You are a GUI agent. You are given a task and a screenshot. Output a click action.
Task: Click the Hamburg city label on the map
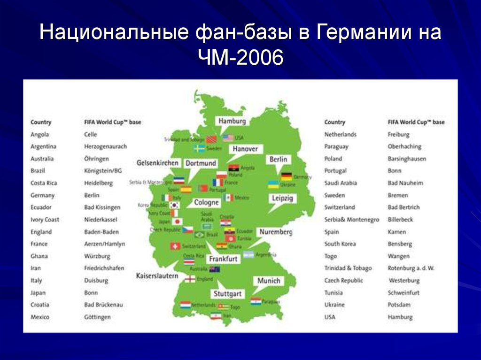coord(232,121)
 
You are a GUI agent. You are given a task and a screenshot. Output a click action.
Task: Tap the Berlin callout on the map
coord(278,160)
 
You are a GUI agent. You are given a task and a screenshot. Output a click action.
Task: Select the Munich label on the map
coord(269,281)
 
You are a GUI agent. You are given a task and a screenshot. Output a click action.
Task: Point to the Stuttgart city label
coord(227,294)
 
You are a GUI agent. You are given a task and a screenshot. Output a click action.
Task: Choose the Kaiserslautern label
coord(157,276)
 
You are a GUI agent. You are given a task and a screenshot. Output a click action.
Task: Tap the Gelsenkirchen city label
coord(157,163)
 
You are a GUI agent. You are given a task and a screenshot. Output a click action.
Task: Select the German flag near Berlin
coord(287,176)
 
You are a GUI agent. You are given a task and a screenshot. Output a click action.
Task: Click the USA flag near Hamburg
coord(228,138)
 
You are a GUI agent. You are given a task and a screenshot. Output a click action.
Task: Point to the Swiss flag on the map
coord(175,246)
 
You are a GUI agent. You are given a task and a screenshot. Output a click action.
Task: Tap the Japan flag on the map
coord(177,222)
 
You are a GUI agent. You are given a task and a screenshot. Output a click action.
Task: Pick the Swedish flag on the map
coord(199,148)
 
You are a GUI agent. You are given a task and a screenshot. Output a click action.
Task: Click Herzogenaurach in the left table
coord(105,146)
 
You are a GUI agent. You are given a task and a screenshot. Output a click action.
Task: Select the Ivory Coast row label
coord(45,220)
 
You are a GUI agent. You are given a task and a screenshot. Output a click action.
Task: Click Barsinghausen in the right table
coord(407,159)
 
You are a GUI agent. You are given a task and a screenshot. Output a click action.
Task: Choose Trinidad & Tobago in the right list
coord(348,268)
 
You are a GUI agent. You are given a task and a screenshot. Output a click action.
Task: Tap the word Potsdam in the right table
coord(399,305)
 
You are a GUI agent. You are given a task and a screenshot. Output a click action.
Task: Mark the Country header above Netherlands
coord(334,122)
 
